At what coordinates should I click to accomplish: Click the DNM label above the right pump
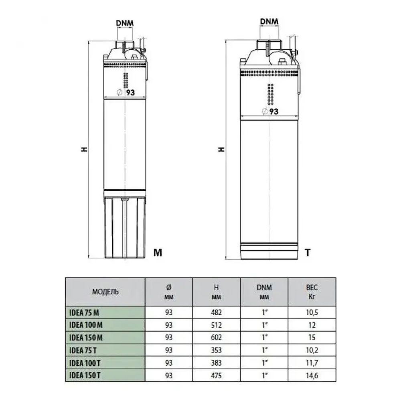270,21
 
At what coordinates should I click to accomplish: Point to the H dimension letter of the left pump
84,149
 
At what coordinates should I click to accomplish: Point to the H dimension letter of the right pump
221,149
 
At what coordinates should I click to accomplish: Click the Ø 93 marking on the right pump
270,111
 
